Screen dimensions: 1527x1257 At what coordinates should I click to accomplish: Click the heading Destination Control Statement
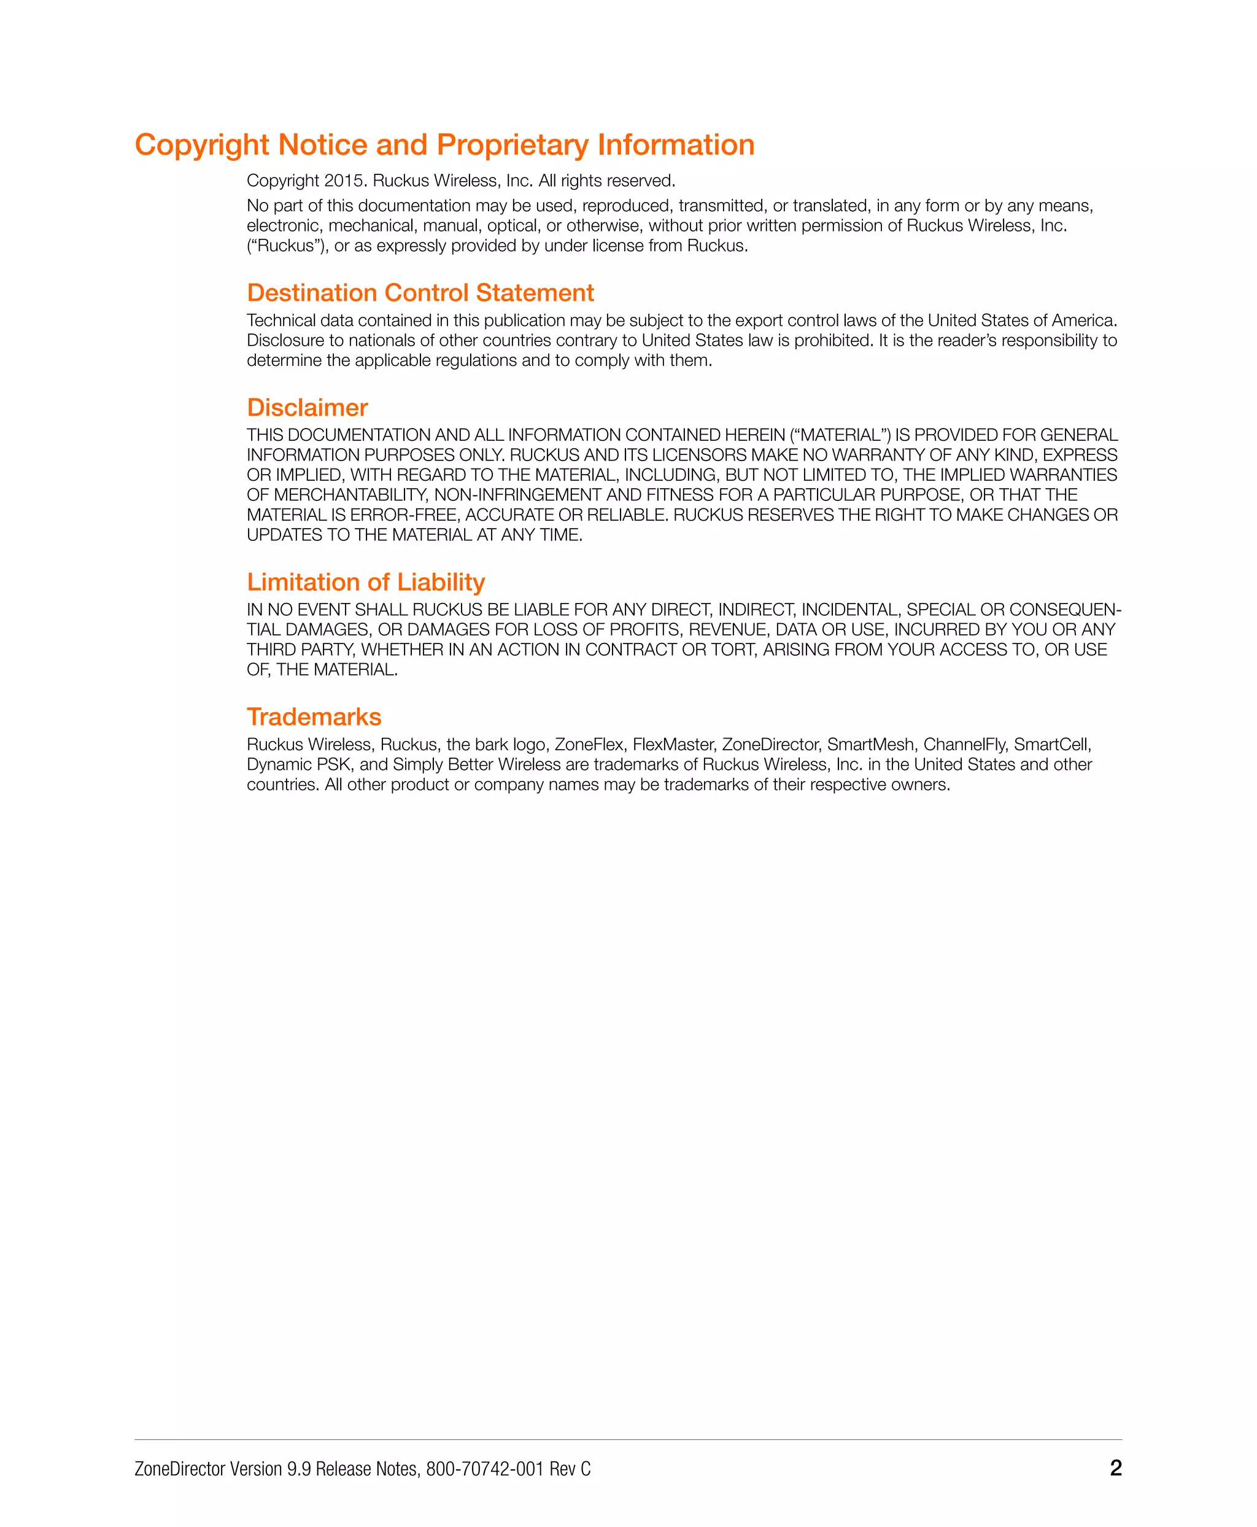420,293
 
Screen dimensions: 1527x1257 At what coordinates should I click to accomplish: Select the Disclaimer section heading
307,408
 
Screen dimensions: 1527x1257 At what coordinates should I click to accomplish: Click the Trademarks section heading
314,717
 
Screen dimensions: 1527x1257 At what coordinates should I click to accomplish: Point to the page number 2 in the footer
1116,1468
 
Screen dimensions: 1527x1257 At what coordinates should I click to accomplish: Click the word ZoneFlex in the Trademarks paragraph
589,745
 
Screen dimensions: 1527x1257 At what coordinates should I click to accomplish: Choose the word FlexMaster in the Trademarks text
673,745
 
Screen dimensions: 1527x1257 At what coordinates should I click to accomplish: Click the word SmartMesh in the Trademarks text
870,745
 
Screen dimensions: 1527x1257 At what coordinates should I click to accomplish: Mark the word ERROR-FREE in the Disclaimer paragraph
403,515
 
